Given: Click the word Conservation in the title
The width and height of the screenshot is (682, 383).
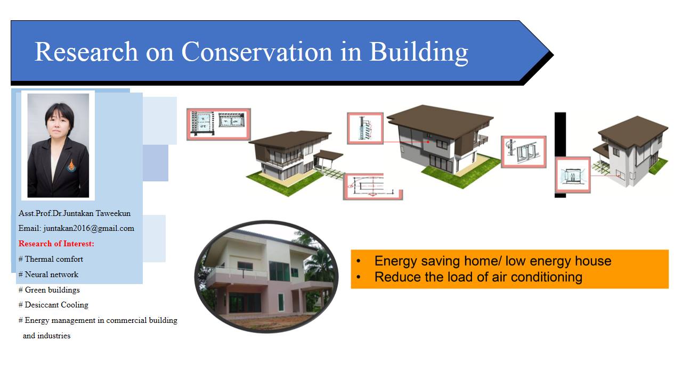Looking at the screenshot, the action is (257, 52).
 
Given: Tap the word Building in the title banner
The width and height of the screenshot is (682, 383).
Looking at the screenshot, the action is (419, 53).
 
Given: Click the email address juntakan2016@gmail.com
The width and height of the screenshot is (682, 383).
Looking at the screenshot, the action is (88, 228).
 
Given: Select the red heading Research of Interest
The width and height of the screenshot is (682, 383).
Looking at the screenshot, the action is (56, 244).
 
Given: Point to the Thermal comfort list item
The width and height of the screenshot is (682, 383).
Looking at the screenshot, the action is (51, 259).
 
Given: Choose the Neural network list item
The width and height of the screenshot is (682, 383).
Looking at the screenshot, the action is (48, 274).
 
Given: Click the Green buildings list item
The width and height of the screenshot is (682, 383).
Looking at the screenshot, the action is (49, 290).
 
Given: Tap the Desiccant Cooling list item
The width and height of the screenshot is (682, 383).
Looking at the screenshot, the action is (53, 305).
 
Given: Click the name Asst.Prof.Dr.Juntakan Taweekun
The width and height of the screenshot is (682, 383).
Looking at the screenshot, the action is (75, 213).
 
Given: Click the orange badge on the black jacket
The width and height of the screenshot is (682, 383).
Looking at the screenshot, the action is (71, 165).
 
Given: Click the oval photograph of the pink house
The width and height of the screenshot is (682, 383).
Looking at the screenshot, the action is (266, 277).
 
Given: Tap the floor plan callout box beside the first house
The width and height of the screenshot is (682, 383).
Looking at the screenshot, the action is (218, 124).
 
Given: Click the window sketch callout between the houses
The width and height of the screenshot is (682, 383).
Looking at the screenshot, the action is (524, 152).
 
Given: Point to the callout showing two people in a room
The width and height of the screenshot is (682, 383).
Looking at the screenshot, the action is (573, 175).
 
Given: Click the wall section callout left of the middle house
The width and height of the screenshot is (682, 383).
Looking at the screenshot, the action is (365, 128).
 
